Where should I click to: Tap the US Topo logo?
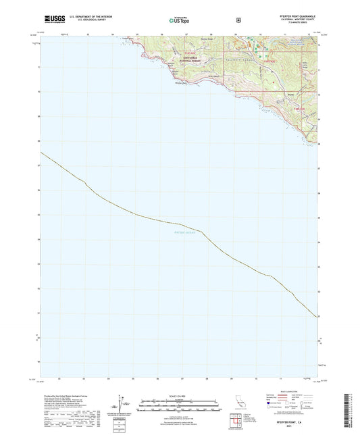point(179,20)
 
